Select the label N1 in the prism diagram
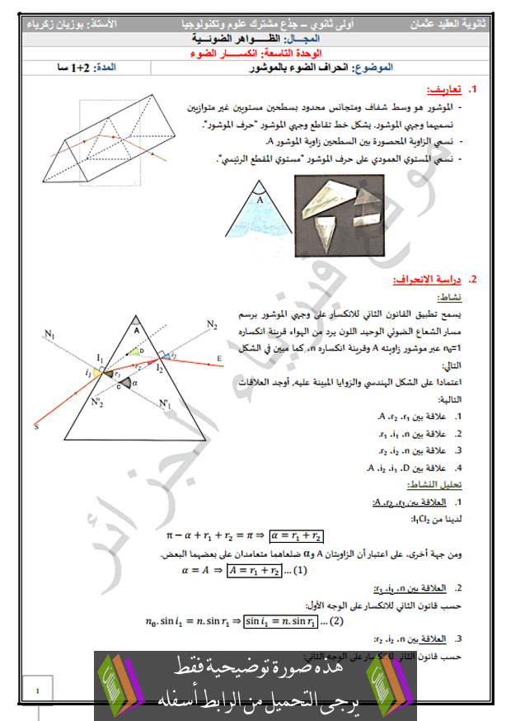click(49, 334)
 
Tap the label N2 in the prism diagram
click(213, 324)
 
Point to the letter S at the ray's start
click(36, 426)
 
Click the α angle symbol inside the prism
click(134, 383)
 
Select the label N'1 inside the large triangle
click(166, 403)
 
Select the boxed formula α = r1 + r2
click(295, 535)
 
